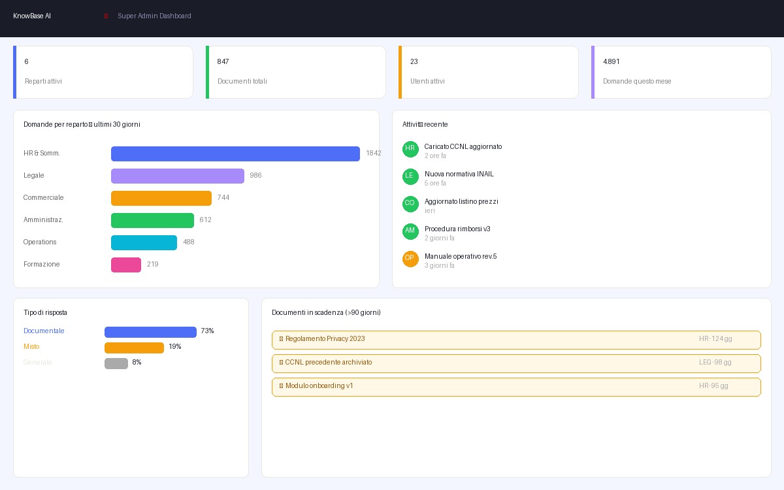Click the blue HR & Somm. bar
(x=235, y=154)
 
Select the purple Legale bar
(x=177, y=176)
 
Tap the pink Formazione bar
(x=126, y=265)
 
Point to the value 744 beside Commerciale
(x=223, y=198)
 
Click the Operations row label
(x=40, y=242)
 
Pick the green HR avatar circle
(x=410, y=149)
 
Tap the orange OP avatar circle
(x=410, y=259)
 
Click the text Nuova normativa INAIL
(x=459, y=174)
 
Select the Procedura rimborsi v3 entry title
(x=457, y=229)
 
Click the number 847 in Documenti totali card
(x=223, y=62)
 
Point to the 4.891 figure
(x=612, y=62)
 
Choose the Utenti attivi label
(x=427, y=82)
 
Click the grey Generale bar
(x=116, y=363)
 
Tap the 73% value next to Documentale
(x=207, y=331)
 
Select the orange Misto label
(x=31, y=347)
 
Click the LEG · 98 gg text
(x=715, y=363)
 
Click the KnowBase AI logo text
(x=32, y=16)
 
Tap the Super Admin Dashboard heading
(x=154, y=16)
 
